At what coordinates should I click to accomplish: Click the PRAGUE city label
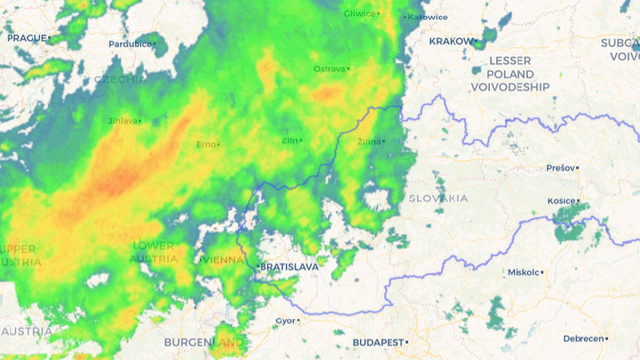click(x=27, y=38)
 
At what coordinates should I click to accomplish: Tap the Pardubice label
click(x=131, y=44)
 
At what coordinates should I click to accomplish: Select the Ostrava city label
click(x=330, y=69)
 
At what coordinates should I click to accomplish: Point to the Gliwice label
click(x=358, y=14)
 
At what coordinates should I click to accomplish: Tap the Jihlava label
click(x=122, y=121)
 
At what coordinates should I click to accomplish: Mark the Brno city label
click(x=206, y=145)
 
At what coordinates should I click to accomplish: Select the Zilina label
click(x=368, y=142)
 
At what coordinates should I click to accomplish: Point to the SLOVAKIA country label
click(x=438, y=198)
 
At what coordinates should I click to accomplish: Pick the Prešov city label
click(x=561, y=168)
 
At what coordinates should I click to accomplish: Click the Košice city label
click(x=561, y=201)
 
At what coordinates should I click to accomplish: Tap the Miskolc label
click(x=523, y=272)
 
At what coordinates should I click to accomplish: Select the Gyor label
click(x=285, y=321)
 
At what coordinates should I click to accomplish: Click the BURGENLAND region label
click(x=206, y=342)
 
